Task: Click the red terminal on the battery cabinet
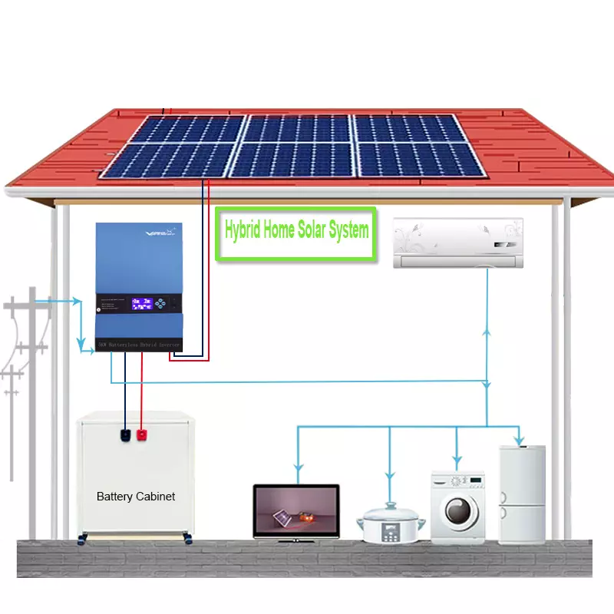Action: (141, 436)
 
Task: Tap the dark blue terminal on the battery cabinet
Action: (125, 436)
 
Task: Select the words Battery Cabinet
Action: (136, 497)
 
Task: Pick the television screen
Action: (296, 510)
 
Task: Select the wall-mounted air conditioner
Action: (458, 243)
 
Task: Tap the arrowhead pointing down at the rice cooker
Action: (390, 476)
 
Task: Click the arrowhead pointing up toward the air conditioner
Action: (487, 331)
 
